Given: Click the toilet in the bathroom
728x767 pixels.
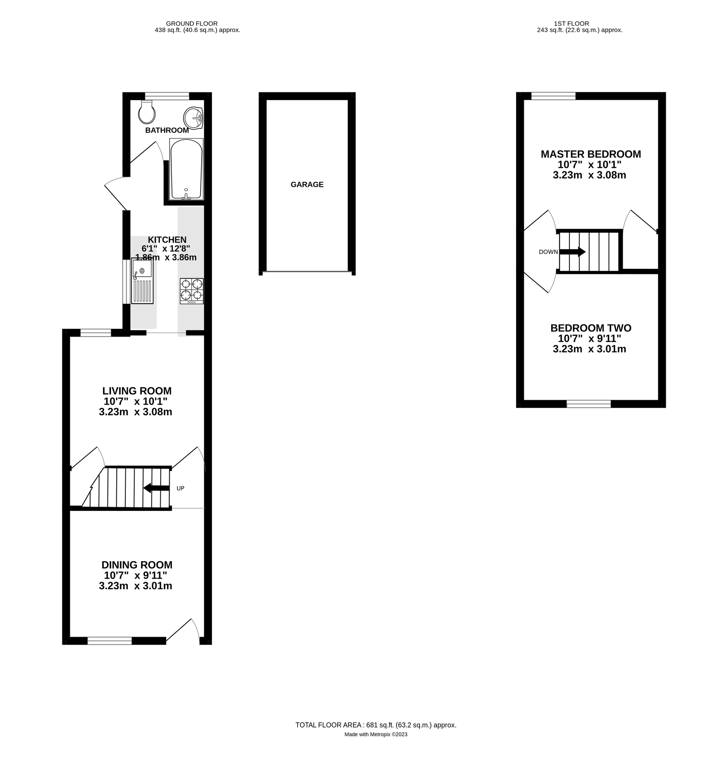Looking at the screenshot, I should [147, 113].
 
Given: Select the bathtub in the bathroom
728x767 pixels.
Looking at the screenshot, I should [186, 169].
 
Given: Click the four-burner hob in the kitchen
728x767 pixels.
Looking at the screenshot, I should [192, 291].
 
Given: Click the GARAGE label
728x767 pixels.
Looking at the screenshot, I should [307, 185].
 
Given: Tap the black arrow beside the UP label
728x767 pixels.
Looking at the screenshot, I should [156, 488].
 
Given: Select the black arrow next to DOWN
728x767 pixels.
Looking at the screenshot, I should [572, 252].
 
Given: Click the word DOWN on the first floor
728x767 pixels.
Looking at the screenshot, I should [548, 252].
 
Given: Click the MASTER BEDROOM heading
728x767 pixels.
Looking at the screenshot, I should [591, 154].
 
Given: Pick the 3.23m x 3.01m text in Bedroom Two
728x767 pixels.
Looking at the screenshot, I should [589, 349].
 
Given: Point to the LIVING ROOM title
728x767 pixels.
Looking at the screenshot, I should [137, 391].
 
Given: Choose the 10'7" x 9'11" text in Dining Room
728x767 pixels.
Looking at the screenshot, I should [136, 575].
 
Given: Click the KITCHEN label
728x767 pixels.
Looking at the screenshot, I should [167, 240].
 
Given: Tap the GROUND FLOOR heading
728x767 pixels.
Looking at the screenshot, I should [192, 23].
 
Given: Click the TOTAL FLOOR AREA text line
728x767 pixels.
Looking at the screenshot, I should [376, 725].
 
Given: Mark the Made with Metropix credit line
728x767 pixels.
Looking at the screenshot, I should [376, 734].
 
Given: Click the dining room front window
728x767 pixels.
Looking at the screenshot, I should [110, 640].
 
